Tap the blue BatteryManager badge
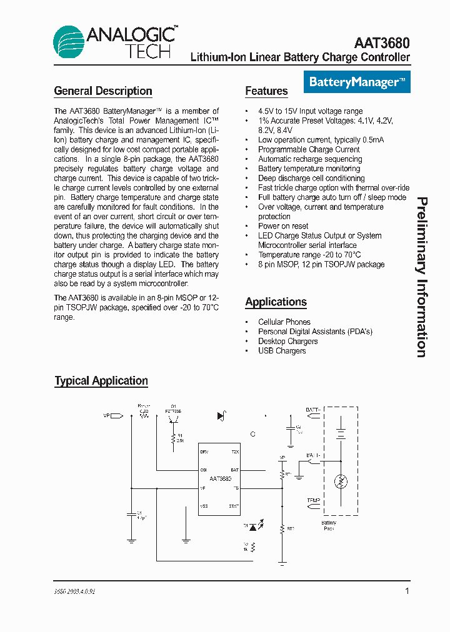point(357,82)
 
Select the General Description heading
point(103,91)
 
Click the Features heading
point(266,91)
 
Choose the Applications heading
point(276,302)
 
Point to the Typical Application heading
point(101,381)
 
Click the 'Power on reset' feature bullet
point(283,226)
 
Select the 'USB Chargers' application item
point(282,351)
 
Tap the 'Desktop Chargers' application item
point(287,342)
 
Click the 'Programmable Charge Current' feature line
point(309,150)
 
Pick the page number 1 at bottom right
point(407,591)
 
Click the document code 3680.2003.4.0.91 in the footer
point(74,591)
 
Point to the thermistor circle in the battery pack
point(341,481)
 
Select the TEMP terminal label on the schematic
point(313,501)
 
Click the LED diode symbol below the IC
point(253,527)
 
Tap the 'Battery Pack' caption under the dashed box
point(329,525)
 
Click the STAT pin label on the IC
point(234,506)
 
